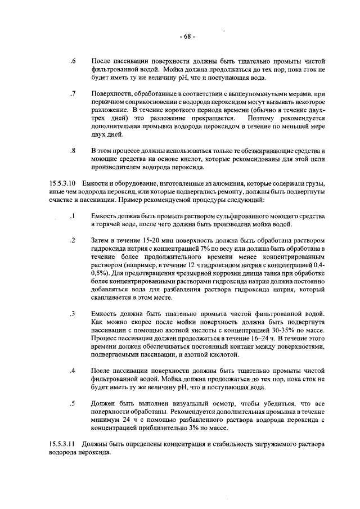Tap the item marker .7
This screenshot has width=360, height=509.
point(73,93)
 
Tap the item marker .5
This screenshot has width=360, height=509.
point(73,403)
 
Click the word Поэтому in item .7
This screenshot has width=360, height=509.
point(264,119)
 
